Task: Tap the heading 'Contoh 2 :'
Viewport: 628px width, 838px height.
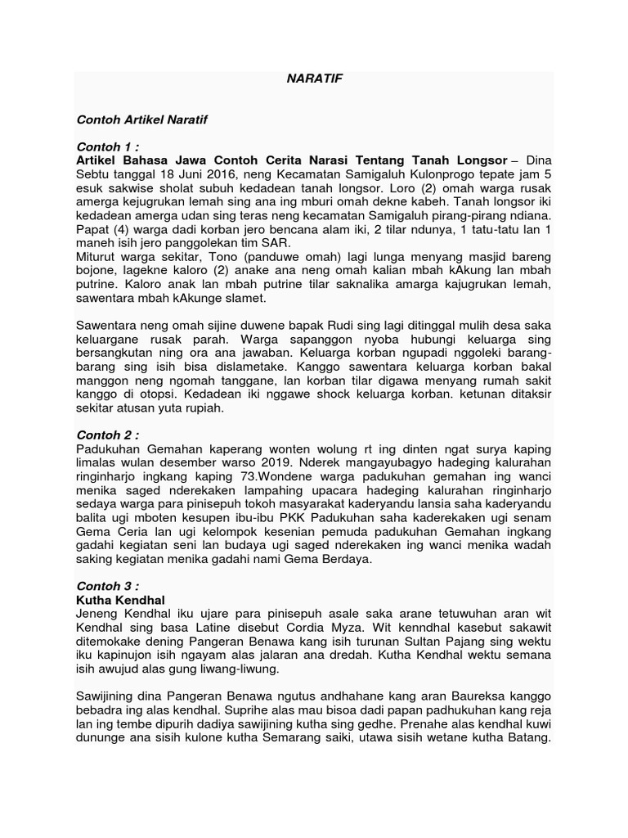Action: pos(107,434)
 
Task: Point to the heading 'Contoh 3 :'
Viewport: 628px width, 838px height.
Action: pos(107,587)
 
